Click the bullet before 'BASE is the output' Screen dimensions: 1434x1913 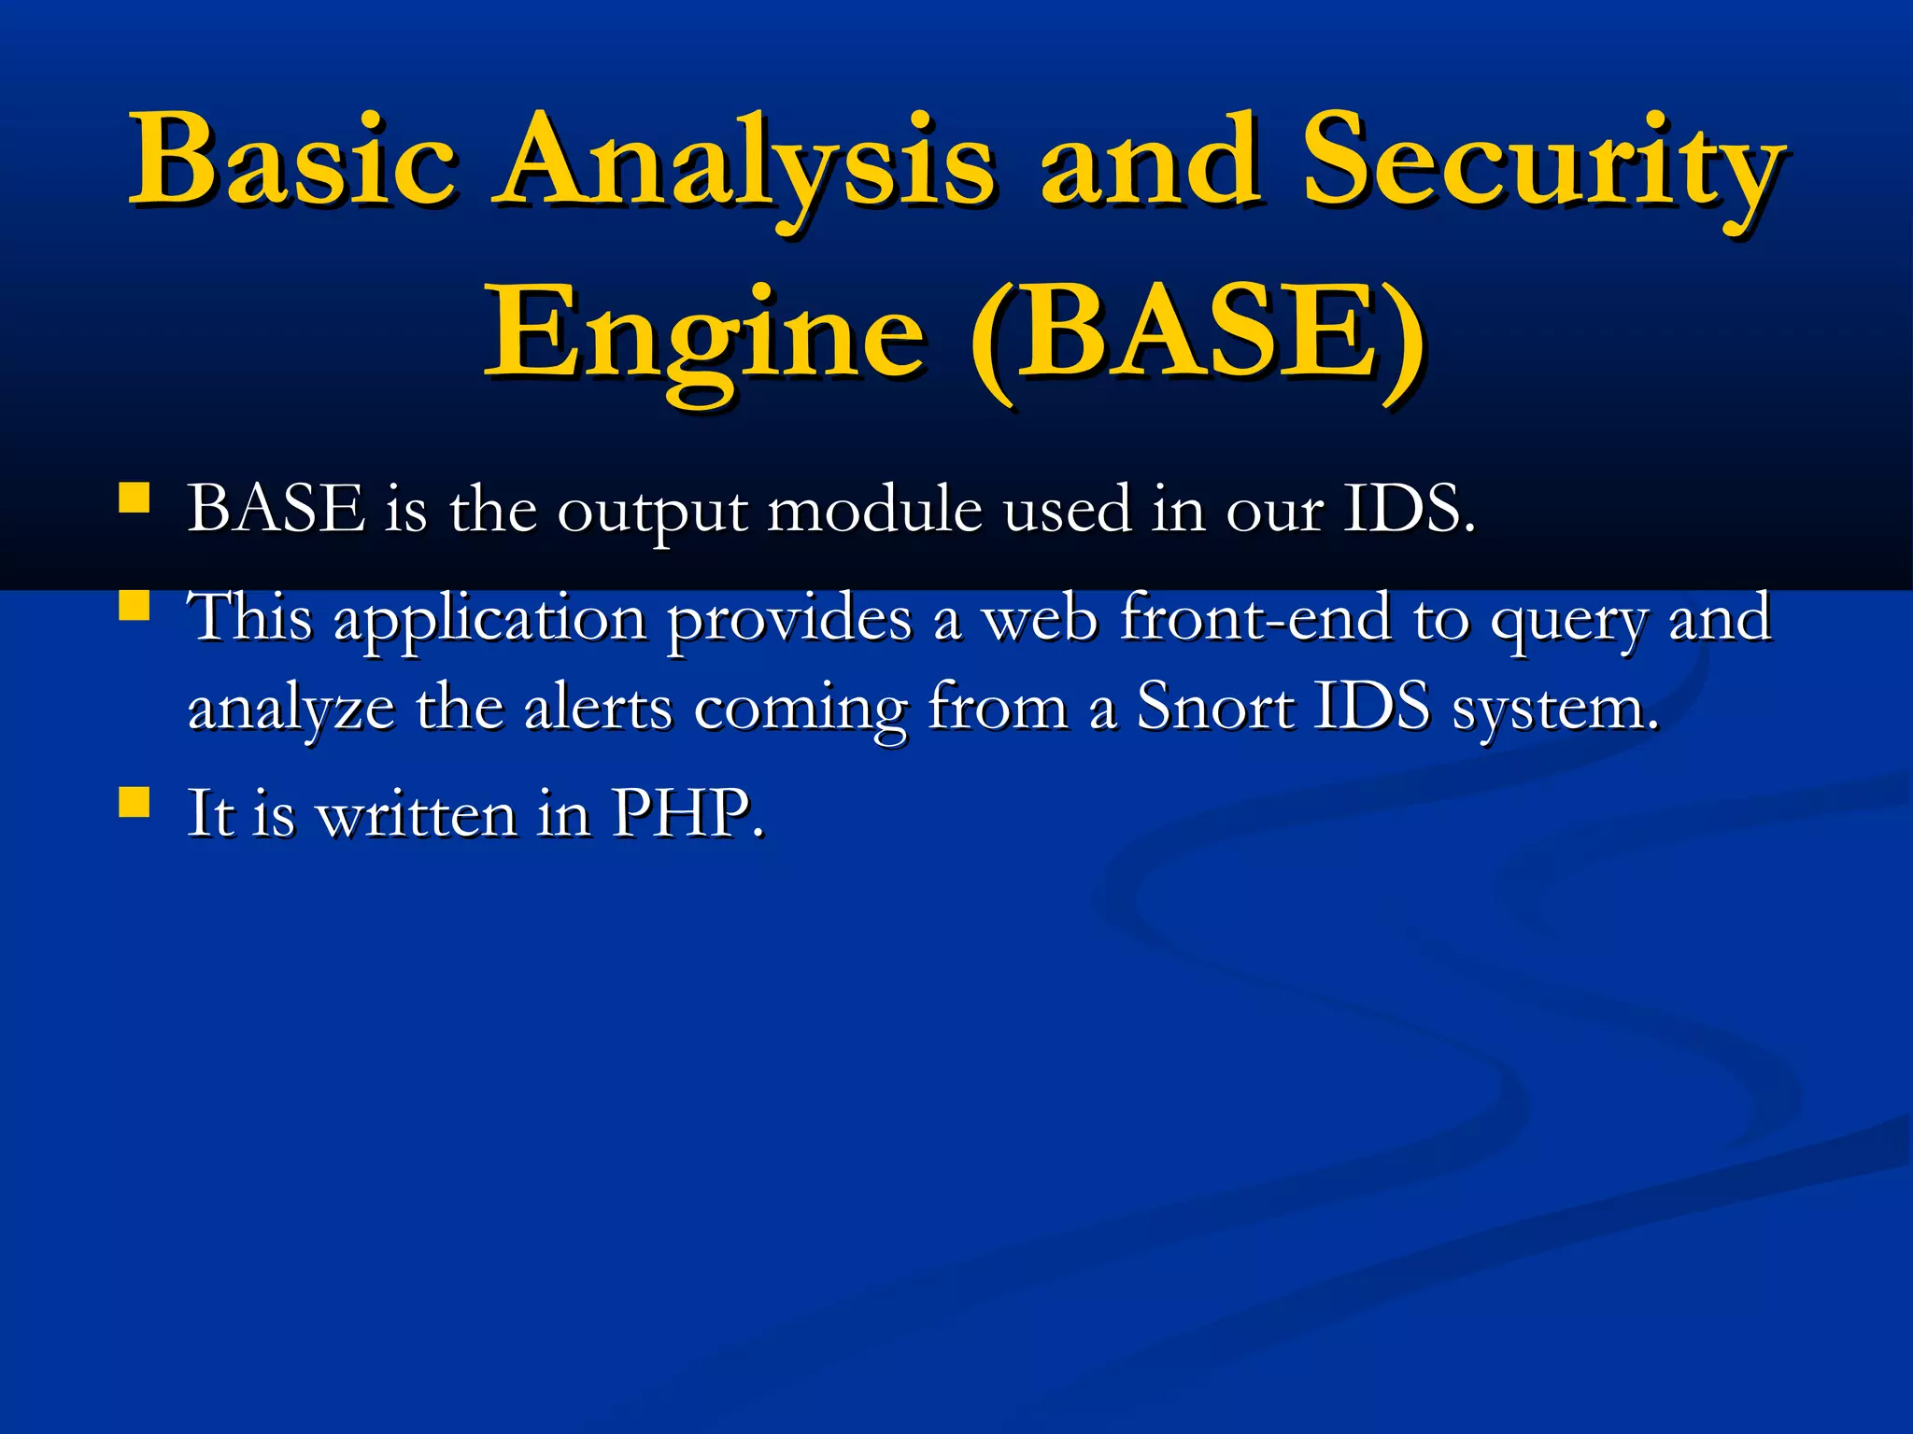[135, 499]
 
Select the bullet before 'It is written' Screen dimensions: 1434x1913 [135, 802]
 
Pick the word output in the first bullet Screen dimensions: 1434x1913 [652, 512]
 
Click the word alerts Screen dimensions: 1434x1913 [598, 707]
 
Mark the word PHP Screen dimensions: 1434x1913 [687, 813]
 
